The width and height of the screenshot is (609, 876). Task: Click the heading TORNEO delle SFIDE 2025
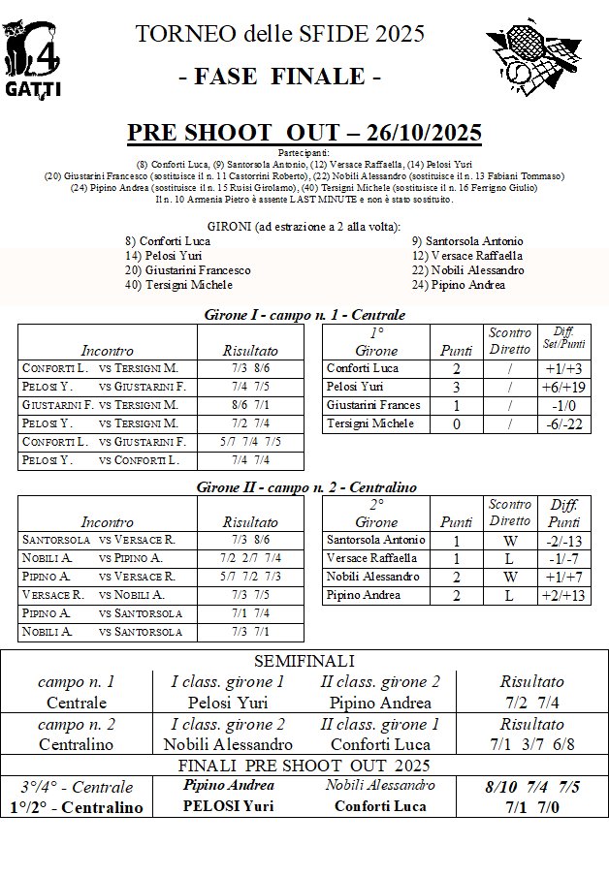click(280, 35)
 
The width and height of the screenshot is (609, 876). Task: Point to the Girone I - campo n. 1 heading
click(304, 315)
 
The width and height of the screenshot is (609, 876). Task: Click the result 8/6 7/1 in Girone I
click(250, 405)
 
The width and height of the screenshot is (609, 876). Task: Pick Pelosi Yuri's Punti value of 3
click(457, 387)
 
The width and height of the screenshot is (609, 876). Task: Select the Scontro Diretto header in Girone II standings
click(509, 513)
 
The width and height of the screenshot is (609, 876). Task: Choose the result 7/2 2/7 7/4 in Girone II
click(250, 558)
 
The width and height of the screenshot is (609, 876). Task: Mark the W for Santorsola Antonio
click(509, 540)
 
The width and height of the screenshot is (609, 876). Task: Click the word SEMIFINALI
click(304, 661)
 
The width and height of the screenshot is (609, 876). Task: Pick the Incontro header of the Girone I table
click(108, 350)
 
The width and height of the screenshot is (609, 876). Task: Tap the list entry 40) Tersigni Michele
click(178, 285)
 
